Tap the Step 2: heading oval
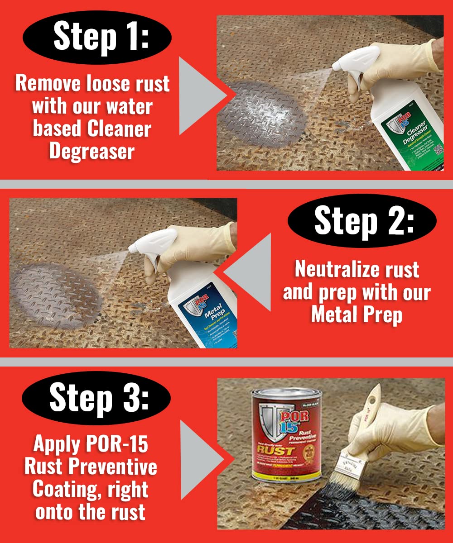[362, 221]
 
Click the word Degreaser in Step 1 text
[92, 151]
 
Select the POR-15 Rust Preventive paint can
[286, 434]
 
